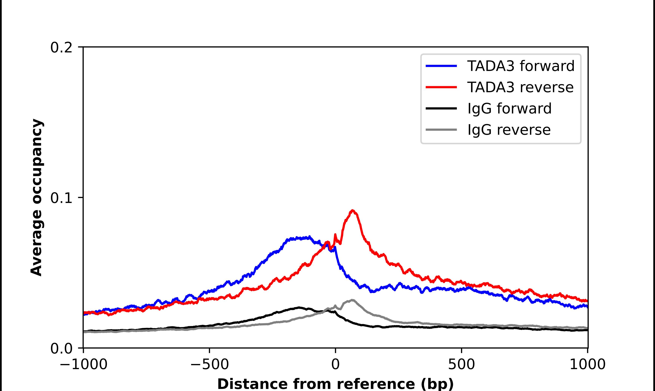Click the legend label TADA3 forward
coord(521,66)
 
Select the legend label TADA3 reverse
coord(520,87)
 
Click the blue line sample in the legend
coord(441,66)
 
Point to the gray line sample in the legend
coord(441,130)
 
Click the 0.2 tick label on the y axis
coord(61,48)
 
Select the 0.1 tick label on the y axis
coord(61,198)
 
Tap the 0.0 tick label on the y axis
coord(61,348)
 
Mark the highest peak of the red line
coord(353,211)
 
